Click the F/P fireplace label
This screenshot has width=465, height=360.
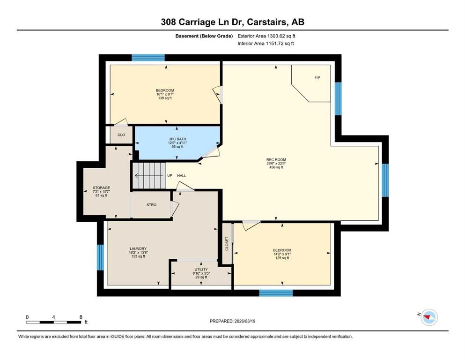317,78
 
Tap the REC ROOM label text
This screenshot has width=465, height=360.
276,160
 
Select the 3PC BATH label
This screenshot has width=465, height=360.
177,139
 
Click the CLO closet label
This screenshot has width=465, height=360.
121,135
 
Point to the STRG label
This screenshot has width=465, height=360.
151,205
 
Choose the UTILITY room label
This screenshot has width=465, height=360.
201,270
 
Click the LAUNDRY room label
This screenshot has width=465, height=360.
138,249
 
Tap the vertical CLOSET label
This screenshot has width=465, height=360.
227,244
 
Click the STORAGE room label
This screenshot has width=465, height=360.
101,187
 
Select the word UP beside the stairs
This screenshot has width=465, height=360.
170,175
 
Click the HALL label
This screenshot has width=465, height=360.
182,175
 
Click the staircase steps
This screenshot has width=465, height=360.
148,175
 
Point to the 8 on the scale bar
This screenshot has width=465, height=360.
81,317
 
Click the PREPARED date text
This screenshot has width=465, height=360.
232,321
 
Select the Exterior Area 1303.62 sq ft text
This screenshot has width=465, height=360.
266,36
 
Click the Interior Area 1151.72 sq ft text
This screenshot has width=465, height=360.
266,43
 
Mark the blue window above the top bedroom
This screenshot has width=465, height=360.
148,58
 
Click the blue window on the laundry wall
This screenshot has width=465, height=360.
101,257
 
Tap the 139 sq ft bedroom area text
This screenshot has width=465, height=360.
165,98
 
